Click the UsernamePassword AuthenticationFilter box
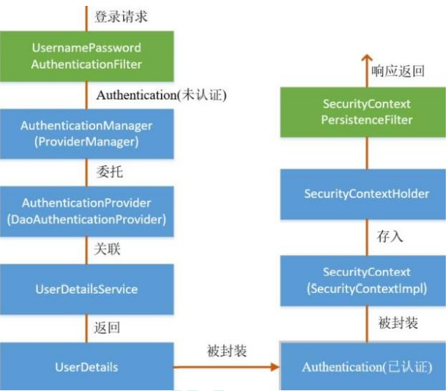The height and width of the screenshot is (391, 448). click(87, 56)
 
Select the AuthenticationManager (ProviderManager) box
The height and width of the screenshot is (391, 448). click(87, 133)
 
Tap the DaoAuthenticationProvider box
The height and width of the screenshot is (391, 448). click(87, 211)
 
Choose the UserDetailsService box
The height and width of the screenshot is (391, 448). click(87, 289)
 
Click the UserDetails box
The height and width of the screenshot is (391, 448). click(87, 367)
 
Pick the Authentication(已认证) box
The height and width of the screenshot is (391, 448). click(363, 367)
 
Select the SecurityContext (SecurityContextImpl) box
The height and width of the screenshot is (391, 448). click(363, 280)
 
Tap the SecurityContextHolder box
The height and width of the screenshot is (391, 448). click(363, 194)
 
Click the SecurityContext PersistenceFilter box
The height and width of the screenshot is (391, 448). click(363, 112)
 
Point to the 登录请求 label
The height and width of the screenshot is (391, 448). click(121, 16)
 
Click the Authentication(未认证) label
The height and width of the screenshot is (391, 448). click(162, 95)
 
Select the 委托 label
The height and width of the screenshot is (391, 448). click(110, 172)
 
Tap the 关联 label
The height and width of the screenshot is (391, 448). click(108, 249)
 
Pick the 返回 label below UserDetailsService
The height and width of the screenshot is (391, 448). click(107, 327)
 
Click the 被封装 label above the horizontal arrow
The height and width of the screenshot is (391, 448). click(227, 351)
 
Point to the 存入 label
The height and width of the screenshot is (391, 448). click(389, 237)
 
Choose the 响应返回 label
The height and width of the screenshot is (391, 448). click(397, 71)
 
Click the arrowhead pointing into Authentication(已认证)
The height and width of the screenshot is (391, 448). click(275, 367)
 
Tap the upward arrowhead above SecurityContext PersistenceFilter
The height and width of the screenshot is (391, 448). click(367, 58)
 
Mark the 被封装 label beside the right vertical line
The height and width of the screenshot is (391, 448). click(398, 323)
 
